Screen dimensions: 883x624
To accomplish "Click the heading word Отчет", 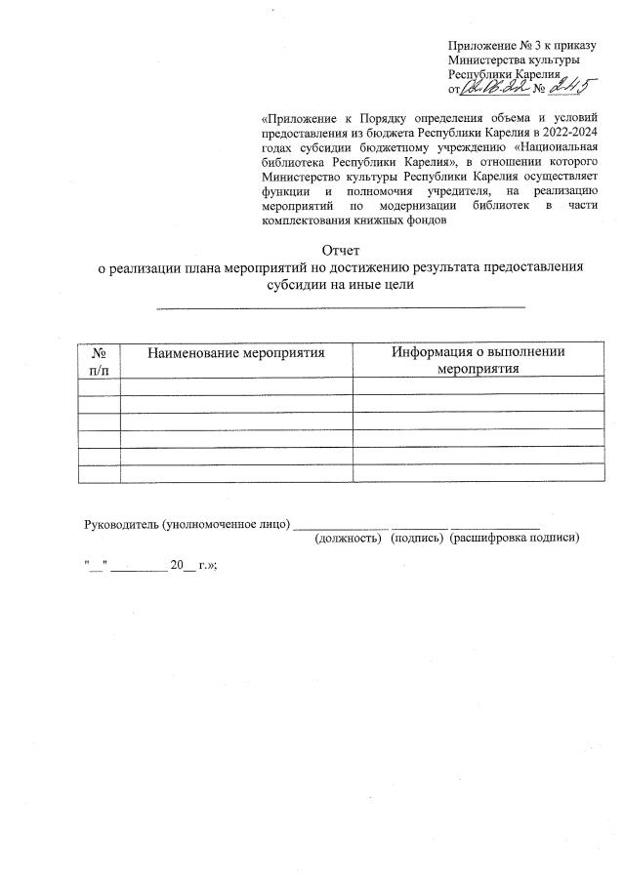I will click(x=341, y=251).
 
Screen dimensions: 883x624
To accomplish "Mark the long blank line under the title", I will click(x=341, y=307).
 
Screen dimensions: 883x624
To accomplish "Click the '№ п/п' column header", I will click(x=99, y=360).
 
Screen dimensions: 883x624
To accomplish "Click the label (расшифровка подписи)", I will click(x=515, y=538).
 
